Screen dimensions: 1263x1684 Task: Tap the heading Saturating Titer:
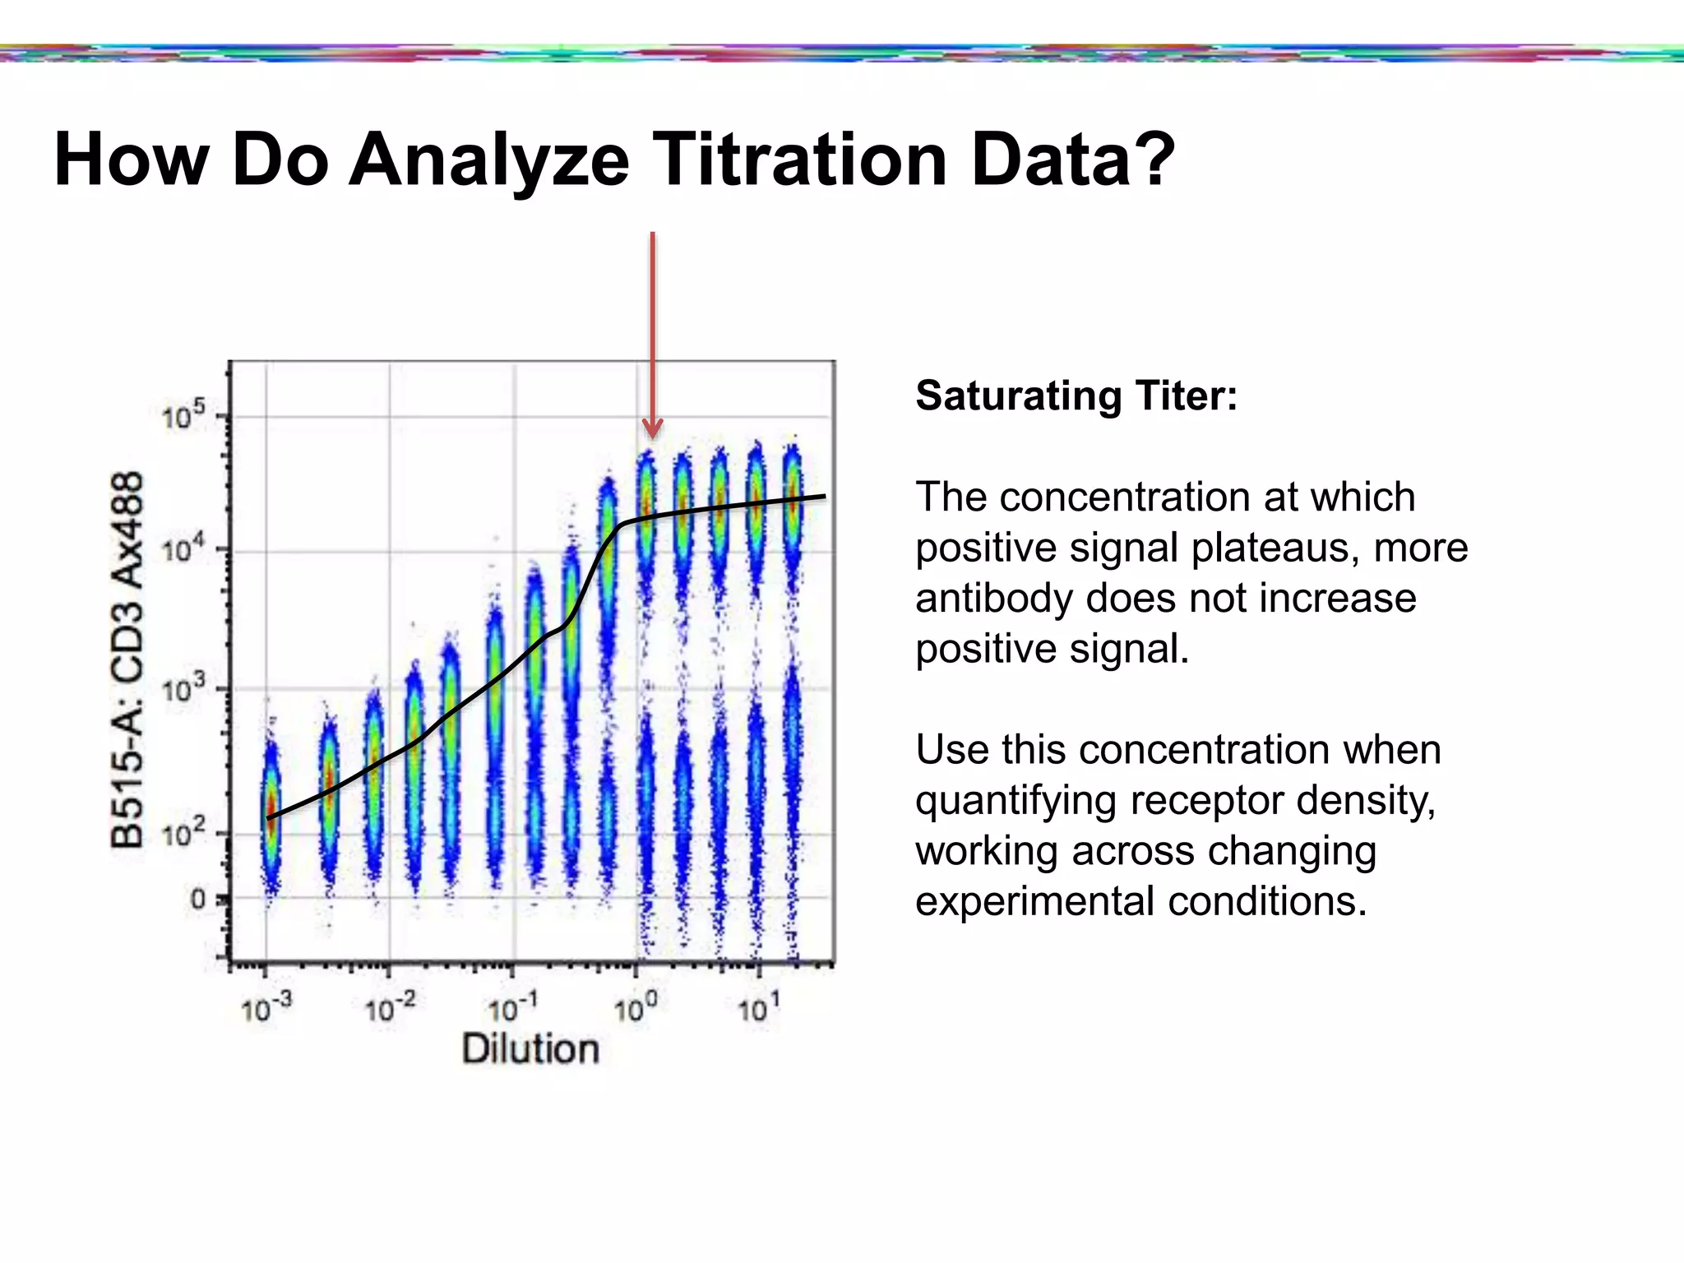(1076, 396)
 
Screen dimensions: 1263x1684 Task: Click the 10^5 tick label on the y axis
(183, 417)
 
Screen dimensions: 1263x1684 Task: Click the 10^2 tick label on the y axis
(183, 835)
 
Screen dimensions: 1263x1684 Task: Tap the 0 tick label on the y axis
(197, 900)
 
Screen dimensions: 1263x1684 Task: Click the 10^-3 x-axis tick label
(266, 1007)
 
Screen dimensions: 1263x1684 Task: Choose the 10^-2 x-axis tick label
(390, 1007)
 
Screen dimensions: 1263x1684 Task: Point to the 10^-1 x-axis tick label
(513, 1007)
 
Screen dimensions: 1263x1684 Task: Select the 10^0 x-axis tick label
(636, 1007)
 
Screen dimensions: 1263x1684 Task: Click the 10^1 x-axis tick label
(757, 1007)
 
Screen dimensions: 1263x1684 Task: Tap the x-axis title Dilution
(530, 1049)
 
